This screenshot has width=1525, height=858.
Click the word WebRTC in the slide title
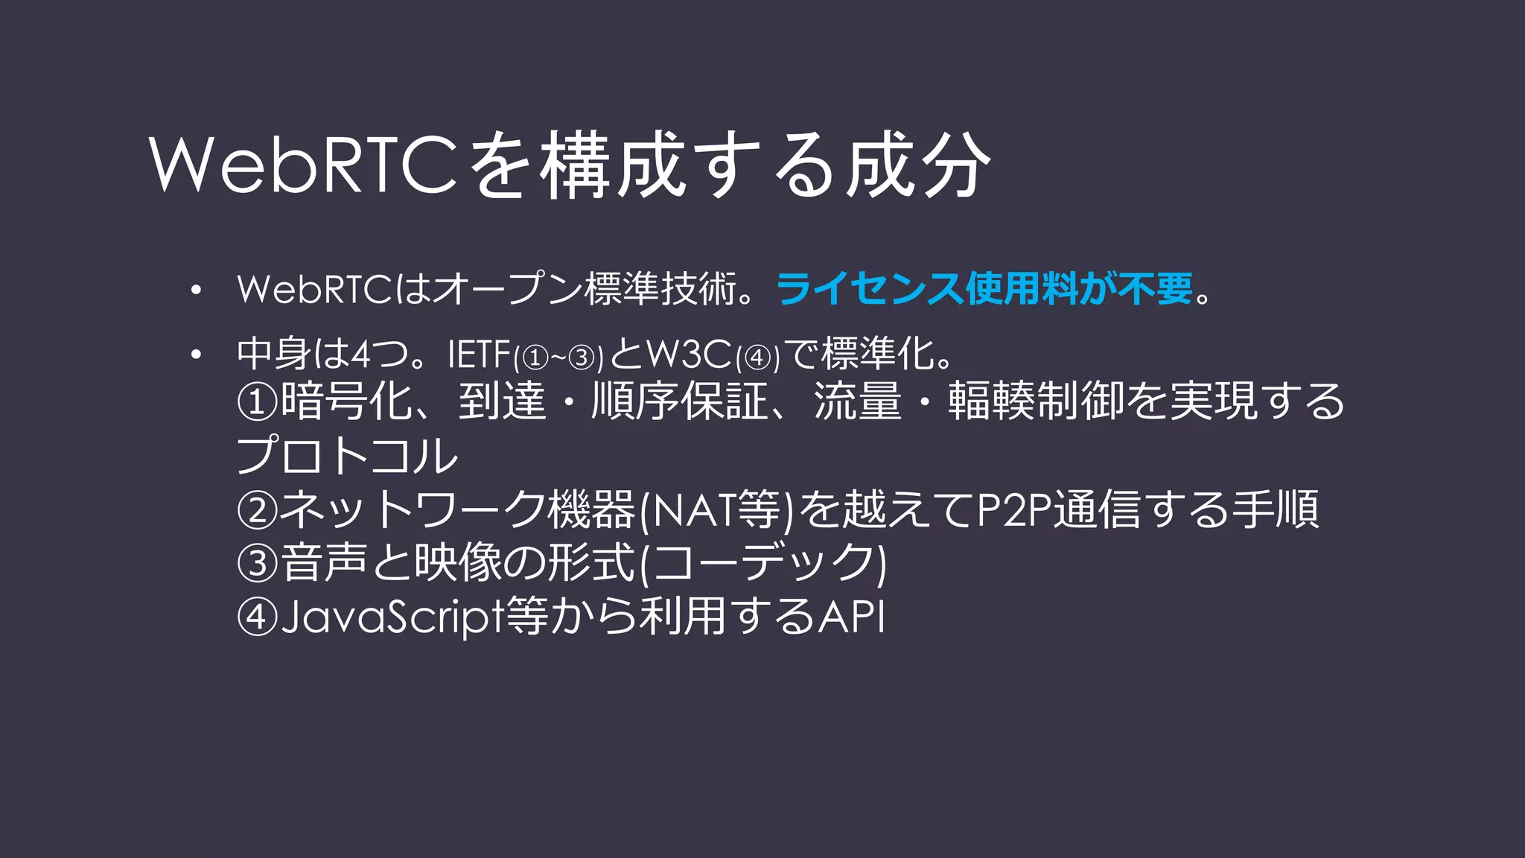(302, 165)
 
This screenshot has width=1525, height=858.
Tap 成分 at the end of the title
(917, 165)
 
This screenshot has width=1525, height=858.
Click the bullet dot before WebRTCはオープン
(196, 290)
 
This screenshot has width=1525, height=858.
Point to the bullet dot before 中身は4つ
(196, 355)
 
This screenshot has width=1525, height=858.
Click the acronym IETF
(480, 355)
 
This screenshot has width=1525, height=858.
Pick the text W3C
(689, 355)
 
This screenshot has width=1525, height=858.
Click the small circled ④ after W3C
(757, 358)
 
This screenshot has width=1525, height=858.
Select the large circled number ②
(257, 510)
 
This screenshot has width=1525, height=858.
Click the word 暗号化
(346, 401)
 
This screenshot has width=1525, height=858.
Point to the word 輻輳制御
(1035, 401)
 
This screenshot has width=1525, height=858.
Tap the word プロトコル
(347, 456)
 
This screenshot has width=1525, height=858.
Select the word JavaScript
(392, 617)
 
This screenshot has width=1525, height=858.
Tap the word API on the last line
(851, 617)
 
